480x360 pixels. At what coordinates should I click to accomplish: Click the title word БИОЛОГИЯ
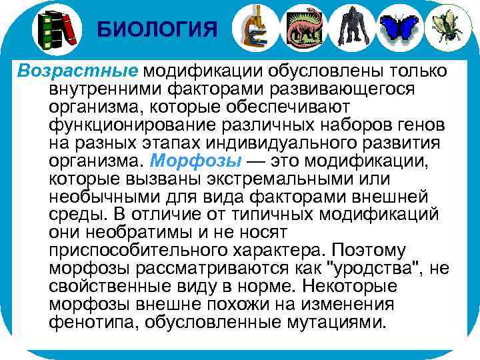coord(157,29)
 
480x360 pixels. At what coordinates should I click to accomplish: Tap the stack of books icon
coord(57,28)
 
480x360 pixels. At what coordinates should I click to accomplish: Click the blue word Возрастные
coord(77,71)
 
